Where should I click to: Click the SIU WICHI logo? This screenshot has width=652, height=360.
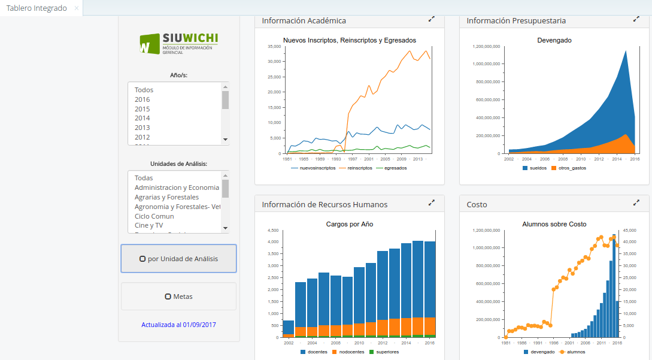(178, 44)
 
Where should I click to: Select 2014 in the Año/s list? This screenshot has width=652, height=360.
(142, 119)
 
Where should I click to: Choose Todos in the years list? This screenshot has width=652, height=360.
(144, 90)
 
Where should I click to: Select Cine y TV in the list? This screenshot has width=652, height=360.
(148, 225)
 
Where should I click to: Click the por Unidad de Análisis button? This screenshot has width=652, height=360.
(178, 259)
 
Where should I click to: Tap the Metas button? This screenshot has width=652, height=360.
(178, 297)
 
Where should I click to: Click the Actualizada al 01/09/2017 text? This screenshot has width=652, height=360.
(178, 325)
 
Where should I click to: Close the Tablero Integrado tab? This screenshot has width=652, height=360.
(76, 8)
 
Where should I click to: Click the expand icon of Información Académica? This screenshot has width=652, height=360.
(432, 19)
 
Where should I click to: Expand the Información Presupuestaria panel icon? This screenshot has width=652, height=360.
(636, 19)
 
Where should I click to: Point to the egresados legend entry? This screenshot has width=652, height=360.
(396, 168)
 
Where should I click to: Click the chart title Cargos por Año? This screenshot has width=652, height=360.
(350, 224)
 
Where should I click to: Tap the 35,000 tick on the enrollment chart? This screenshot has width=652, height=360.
(274, 46)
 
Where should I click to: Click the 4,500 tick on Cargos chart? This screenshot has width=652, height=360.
(272, 230)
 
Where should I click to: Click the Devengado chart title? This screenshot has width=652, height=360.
(554, 40)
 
